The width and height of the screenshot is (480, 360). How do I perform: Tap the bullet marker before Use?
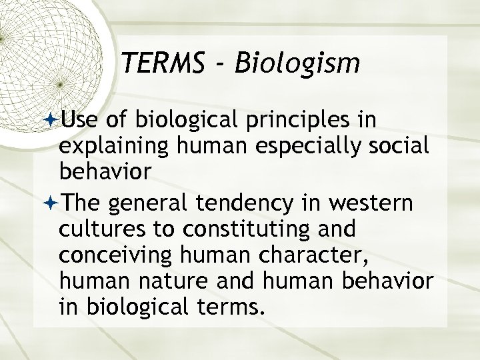pyautogui.click(x=53, y=119)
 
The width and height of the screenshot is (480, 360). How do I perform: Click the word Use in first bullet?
pyautogui.click(x=78, y=120)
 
